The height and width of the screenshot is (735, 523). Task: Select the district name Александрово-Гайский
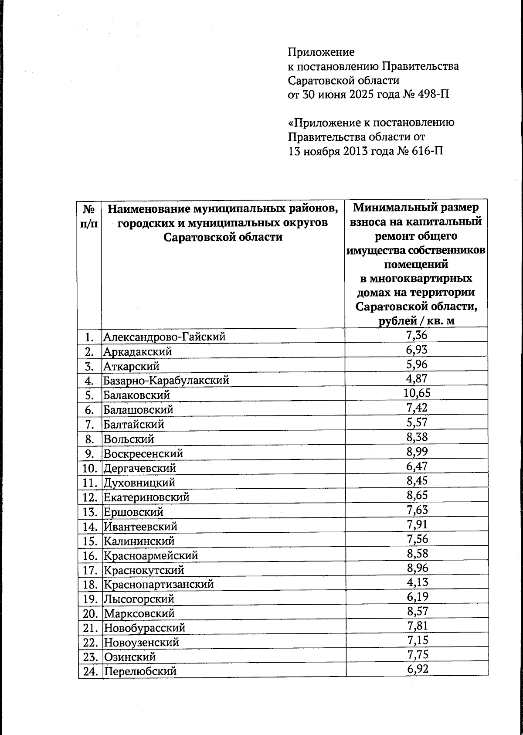[164, 337]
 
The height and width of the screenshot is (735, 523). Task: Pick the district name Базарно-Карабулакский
[166, 381]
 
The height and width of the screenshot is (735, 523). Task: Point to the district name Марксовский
[139, 614]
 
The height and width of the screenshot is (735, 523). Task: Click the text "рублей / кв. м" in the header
[416, 321]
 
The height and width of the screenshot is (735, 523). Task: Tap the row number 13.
[90, 512]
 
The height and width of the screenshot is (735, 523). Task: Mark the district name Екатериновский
[146, 497]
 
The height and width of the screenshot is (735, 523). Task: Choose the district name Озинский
[129, 657]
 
